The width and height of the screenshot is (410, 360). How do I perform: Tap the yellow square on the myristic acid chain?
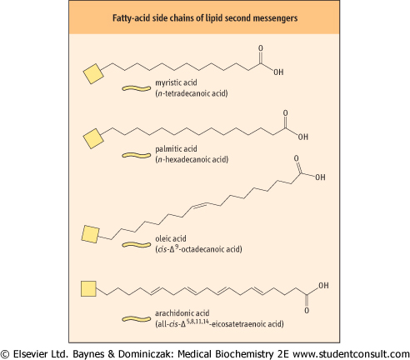(93, 73)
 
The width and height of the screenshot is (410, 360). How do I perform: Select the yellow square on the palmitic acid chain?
(93, 138)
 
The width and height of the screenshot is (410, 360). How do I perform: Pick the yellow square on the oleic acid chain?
(91, 234)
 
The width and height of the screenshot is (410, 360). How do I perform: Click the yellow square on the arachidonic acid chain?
(88, 288)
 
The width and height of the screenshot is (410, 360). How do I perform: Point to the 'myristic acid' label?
(176, 82)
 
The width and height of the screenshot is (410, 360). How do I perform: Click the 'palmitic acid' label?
(176, 149)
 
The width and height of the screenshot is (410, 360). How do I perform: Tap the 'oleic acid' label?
(171, 238)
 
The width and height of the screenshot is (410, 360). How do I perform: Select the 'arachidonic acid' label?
(182, 313)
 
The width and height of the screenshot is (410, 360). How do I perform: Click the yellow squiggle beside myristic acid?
(137, 88)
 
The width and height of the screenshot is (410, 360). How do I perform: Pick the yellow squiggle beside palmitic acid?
(137, 155)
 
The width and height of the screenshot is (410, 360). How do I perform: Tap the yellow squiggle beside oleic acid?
(137, 245)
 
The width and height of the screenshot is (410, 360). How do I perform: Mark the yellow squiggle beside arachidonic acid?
(137, 319)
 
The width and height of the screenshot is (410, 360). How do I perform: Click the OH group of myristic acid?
(278, 72)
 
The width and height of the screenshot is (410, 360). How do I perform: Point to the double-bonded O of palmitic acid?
(285, 113)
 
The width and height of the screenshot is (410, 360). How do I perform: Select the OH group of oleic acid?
(320, 177)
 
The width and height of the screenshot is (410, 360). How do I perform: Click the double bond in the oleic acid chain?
(199, 205)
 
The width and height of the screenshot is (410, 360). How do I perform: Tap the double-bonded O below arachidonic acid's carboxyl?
(307, 310)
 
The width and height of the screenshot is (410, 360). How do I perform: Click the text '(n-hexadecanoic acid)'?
(192, 160)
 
